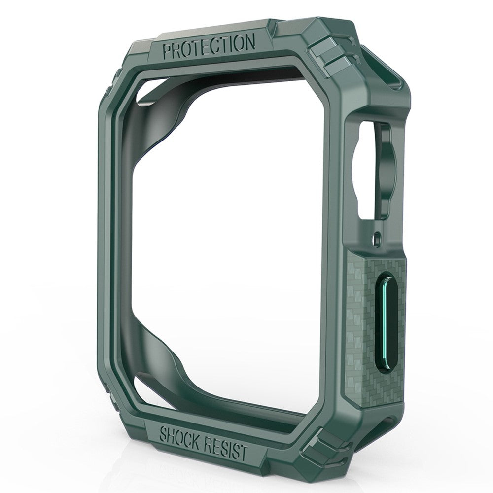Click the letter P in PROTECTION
coord(167,51)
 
